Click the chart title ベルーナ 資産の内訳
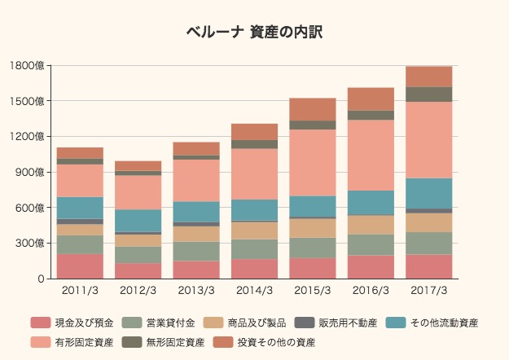[254, 32]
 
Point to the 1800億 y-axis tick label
[28, 65]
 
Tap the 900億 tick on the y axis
[30, 172]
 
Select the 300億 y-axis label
[30, 244]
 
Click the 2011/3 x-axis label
[80, 290]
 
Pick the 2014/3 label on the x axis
[254, 290]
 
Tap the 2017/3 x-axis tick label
[428, 290]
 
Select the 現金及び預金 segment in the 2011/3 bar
[80, 266]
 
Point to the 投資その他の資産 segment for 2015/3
[313, 109]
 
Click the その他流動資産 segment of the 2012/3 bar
[138, 221]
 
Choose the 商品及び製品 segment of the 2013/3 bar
[196, 234]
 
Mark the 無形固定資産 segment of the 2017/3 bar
[428, 94]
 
